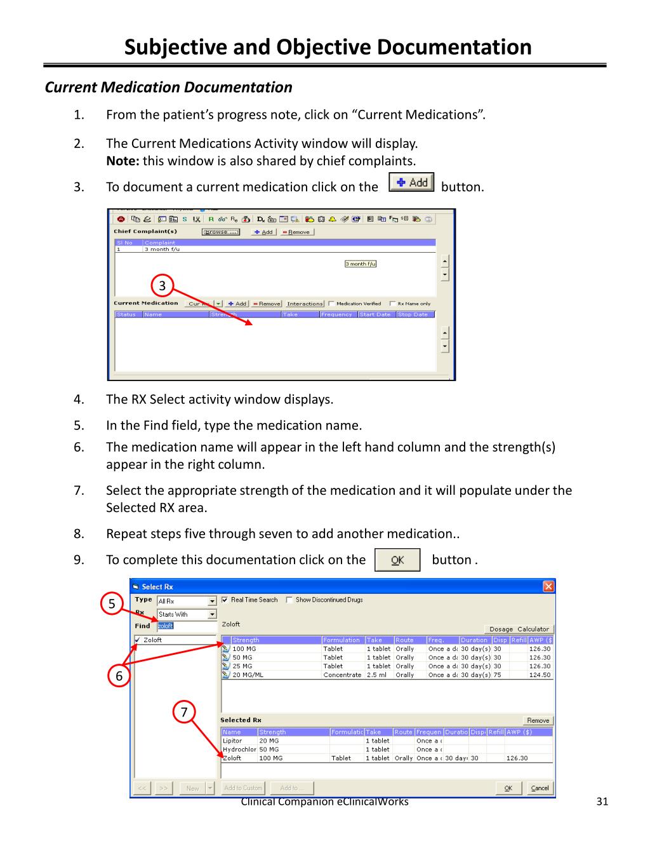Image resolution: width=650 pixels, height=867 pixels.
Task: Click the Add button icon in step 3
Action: (x=411, y=183)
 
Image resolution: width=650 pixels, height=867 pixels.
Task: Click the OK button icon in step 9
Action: (x=397, y=560)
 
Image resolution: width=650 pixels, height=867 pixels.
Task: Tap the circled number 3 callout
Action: (x=162, y=286)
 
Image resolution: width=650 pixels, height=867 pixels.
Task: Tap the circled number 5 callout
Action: (x=112, y=603)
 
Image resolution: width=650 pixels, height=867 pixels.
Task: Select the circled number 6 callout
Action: (x=119, y=676)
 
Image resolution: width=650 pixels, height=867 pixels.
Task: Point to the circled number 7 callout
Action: (x=184, y=712)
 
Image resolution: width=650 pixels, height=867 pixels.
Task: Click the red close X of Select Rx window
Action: (x=548, y=586)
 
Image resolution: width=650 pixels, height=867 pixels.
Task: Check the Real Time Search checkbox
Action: (x=225, y=600)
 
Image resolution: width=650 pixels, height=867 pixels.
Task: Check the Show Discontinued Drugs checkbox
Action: (x=289, y=600)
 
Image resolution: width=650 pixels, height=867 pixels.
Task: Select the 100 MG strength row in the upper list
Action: (x=245, y=649)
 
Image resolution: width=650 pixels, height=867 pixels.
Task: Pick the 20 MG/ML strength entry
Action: (x=248, y=675)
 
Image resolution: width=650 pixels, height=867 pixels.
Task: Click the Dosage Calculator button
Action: (x=519, y=629)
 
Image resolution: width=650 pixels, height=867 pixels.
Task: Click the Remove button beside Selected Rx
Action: (x=538, y=720)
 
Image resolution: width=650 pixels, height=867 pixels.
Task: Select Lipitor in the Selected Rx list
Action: (x=232, y=741)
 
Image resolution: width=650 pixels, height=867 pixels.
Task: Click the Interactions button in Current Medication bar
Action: (x=305, y=304)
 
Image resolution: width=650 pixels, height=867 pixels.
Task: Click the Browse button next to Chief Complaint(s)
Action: (x=221, y=232)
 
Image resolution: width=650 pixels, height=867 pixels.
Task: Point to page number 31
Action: (x=602, y=802)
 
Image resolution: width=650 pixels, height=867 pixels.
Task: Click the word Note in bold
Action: (x=123, y=161)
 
